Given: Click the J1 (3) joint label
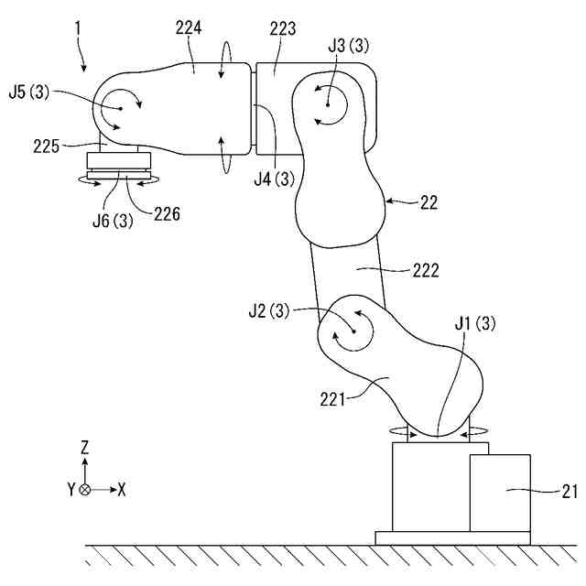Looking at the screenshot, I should point(474,323).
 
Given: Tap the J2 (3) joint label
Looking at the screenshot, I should point(268,310).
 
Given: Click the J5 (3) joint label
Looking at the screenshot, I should point(31,91).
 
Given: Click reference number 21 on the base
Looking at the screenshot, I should point(569,493).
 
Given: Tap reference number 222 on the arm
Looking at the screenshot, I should point(427,270).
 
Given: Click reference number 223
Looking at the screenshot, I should point(282,30).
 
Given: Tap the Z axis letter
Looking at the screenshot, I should point(84,448).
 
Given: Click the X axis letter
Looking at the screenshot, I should point(121,490).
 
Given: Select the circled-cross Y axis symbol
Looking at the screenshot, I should point(85,490).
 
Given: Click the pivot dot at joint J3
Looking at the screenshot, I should point(327,105).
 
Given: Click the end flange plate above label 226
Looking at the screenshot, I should point(118,172).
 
